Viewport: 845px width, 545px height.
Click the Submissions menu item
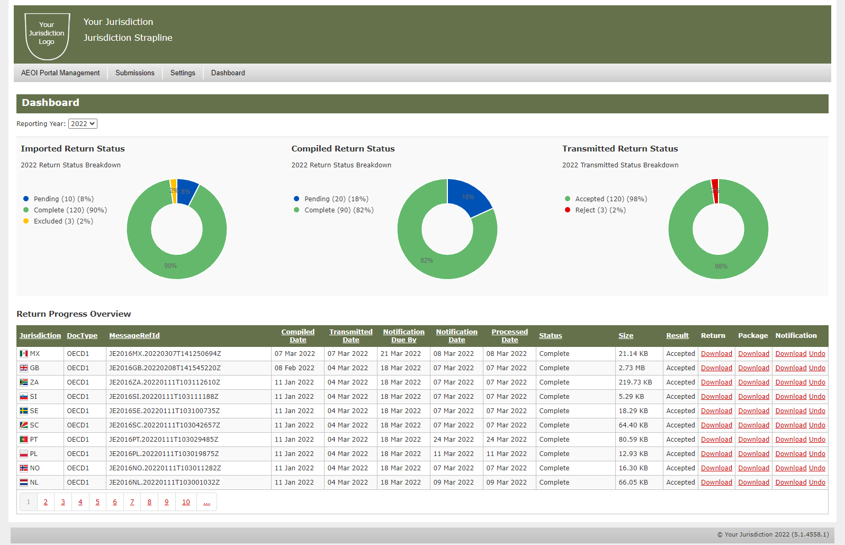(134, 73)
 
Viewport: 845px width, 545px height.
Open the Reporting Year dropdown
(83, 124)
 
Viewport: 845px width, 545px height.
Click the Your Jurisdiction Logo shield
(47, 35)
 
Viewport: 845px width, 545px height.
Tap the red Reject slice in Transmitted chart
(715, 191)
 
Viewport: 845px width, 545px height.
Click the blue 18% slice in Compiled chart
(468, 197)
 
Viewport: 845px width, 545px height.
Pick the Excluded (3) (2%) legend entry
(63, 221)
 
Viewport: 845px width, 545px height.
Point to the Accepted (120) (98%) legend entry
(610, 199)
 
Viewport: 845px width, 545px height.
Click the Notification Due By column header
(403, 336)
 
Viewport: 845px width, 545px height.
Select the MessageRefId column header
(134, 336)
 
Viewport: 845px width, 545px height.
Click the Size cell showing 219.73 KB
(635, 382)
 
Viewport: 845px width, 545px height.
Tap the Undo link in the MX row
(817, 354)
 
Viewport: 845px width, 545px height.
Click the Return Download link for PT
(716, 440)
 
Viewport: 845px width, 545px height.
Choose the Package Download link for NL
(753, 483)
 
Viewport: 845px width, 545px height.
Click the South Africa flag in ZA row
(24, 382)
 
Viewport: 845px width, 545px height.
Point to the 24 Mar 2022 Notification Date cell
(453, 440)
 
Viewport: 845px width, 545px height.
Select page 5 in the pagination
(97, 502)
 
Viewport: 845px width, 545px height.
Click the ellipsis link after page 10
(206, 502)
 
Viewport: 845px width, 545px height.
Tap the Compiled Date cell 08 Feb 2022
(294, 368)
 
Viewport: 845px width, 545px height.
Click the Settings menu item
(183, 73)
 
